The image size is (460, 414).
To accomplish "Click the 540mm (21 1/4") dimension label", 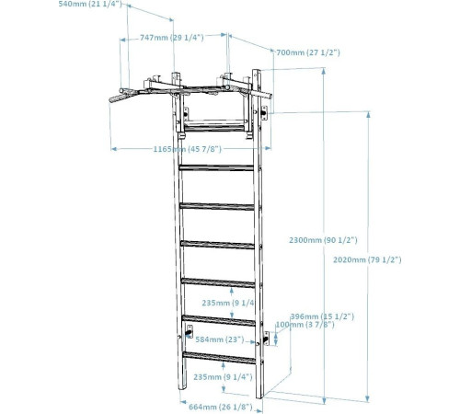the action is tap(90, 4).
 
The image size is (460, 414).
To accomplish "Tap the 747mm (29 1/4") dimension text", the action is tap(172, 38).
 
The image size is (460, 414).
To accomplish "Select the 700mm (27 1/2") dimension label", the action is tap(308, 52).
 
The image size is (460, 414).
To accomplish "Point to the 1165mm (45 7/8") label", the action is tap(188, 149).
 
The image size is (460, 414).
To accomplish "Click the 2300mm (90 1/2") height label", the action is tap(323, 240).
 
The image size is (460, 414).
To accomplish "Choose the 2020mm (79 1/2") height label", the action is tap(367, 260).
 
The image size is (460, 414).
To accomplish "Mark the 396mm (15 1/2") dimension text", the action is tap(322, 316).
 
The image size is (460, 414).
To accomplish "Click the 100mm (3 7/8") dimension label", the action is tap(305, 325).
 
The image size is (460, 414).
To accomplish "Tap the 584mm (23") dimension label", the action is tap(220, 339).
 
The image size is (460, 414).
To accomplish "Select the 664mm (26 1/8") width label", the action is tap(221, 407).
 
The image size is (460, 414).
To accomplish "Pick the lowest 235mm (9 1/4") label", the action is tap(223, 377).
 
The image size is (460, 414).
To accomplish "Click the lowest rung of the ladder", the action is tap(219, 358).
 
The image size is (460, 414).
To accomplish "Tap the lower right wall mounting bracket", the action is tap(266, 339).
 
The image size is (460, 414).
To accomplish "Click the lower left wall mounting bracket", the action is tap(190, 332).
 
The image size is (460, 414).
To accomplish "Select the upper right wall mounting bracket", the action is tap(264, 113).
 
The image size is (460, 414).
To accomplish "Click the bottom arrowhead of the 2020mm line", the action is tap(368, 398).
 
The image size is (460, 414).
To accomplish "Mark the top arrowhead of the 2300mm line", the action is tap(324, 71).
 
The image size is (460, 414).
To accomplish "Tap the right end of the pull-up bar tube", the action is tap(270, 97).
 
